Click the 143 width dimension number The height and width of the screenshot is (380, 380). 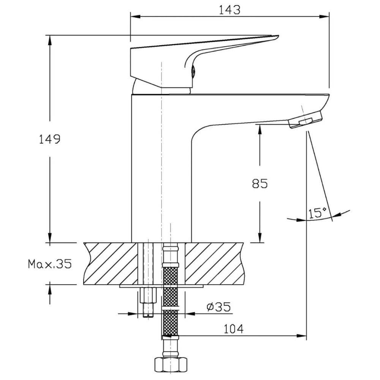tap(230, 10)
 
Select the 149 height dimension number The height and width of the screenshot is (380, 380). tap(50, 139)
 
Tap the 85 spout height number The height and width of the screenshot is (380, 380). tap(260, 184)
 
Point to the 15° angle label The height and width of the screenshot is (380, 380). tap(317, 213)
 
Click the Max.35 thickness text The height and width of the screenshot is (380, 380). tap(50, 264)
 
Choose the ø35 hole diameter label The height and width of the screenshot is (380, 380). tap(218, 307)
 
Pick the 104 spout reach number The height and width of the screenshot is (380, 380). tap(233, 329)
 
